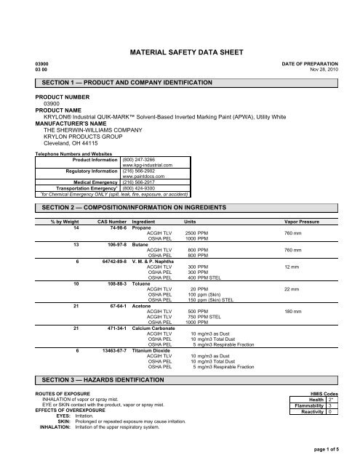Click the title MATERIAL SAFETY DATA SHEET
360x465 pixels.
click(x=180, y=53)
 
